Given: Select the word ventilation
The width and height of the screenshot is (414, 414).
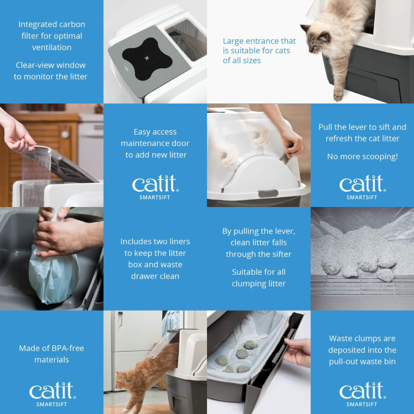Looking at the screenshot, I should click(x=52, y=47).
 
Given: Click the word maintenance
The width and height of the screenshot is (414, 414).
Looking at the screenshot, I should click(x=155, y=143).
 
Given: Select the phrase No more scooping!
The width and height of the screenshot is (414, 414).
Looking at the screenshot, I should click(x=362, y=156).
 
